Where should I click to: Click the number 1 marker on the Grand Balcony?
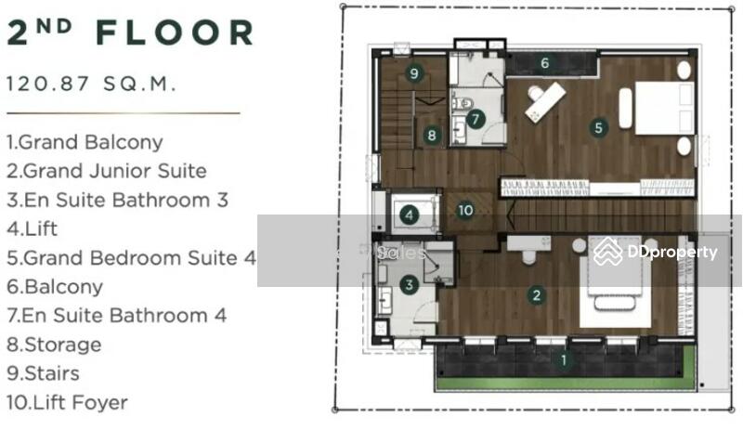coord(564,359)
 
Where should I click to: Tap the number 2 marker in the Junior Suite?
coord(537,295)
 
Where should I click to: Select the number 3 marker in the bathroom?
coord(409,284)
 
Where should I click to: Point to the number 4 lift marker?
coord(409,215)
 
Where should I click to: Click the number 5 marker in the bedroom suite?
coord(598,127)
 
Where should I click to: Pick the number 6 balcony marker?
coord(545,62)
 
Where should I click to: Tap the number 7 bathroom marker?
coord(476,119)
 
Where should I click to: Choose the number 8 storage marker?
coord(431,136)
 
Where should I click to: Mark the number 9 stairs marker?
coord(414,73)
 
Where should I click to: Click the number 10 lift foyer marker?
coord(465,210)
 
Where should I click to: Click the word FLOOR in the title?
coord(175,33)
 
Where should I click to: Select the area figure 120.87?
coord(48,84)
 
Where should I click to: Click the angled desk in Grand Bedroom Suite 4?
coord(545,102)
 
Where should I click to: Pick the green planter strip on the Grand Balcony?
coord(567,384)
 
